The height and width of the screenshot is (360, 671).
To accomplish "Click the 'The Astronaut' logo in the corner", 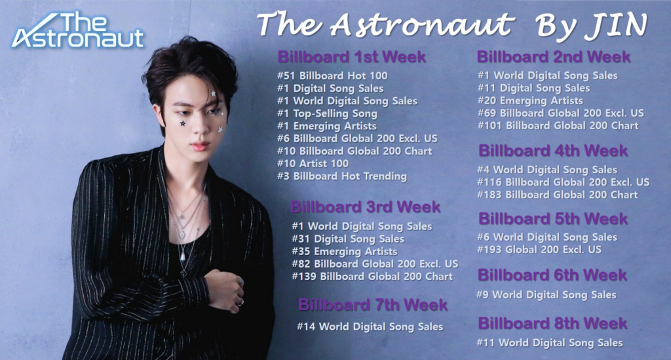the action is [78, 30].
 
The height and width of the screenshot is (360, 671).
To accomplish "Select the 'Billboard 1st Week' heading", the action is [351, 56].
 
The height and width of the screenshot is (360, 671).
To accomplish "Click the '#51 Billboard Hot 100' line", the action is [332, 76].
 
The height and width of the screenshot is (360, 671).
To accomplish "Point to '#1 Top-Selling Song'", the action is [327, 113].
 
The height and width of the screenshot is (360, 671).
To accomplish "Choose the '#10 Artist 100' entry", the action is [313, 163].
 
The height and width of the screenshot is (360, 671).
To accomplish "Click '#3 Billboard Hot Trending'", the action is [341, 176].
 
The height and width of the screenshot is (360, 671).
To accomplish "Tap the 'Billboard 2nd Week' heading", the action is [553, 56].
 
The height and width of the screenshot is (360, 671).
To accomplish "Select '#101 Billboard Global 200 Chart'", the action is [558, 125].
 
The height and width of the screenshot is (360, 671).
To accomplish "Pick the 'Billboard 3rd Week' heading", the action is [365, 207].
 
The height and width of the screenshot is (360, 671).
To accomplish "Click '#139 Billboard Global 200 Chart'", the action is [372, 277].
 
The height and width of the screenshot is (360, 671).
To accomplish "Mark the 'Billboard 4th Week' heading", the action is [553, 150].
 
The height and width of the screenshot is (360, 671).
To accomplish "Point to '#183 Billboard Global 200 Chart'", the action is [558, 195].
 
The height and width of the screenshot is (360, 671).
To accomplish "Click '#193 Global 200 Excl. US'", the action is [539, 250].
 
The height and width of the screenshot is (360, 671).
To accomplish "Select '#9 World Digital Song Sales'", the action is [546, 294].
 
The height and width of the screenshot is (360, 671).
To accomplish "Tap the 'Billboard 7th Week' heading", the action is [373, 305].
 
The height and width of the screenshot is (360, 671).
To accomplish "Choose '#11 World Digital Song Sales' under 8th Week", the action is [550, 342].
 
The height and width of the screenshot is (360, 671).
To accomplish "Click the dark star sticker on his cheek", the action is [183, 124].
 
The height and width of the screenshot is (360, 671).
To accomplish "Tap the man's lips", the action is [200, 147].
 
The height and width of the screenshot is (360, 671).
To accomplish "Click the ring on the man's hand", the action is [240, 281].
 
